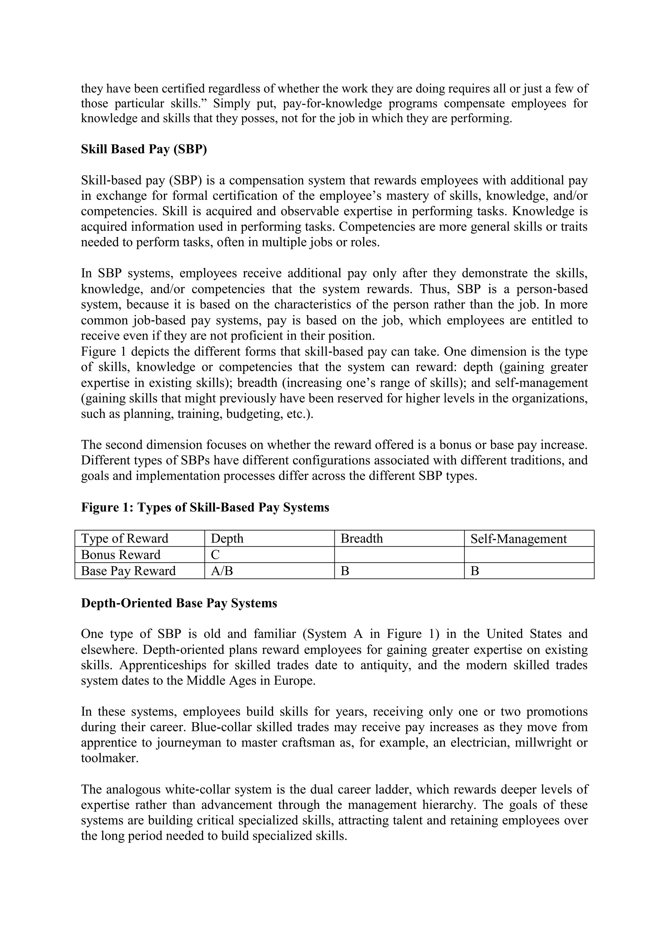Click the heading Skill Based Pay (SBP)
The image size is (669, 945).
144,149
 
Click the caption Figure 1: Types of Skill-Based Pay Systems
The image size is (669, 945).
205,507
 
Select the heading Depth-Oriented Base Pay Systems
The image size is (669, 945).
179,603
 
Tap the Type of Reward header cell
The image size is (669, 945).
124,539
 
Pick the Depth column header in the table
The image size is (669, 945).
227,539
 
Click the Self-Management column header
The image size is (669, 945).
518,539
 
